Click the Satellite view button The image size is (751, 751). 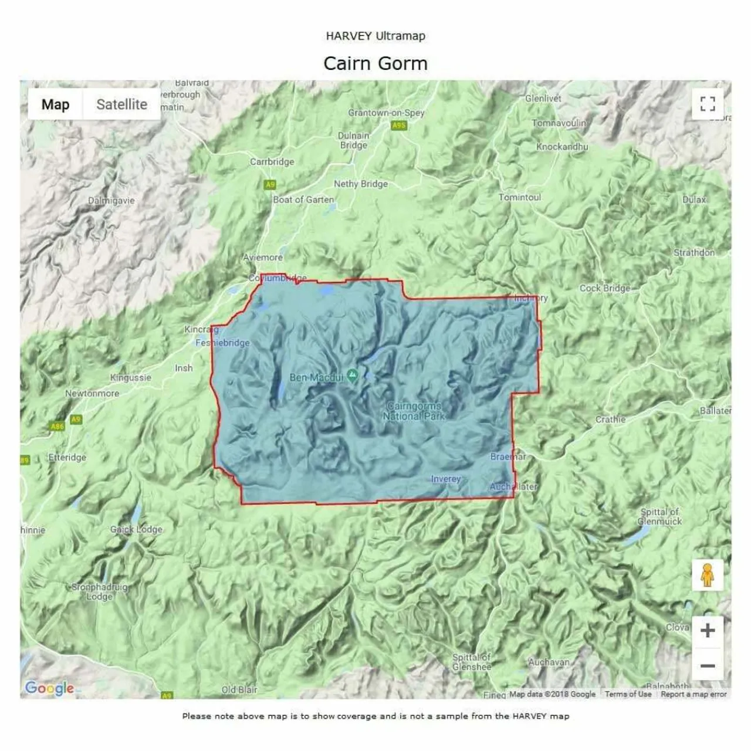(x=121, y=104)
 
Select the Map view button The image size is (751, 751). (x=55, y=104)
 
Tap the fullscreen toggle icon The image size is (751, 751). (x=708, y=104)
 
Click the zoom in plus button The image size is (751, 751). (x=708, y=631)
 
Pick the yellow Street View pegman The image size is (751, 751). (x=707, y=575)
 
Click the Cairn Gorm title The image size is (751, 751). (x=375, y=63)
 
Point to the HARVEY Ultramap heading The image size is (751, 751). (x=375, y=36)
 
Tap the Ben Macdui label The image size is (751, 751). (x=316, y=377)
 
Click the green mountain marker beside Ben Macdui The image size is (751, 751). (x=352, y=375)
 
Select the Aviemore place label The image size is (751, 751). (x=263, y=257)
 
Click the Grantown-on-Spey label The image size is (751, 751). (x=386, y=113)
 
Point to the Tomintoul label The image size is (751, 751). (x=519, y=197)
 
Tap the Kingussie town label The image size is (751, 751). (x=130, y=377)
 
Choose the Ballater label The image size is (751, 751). (x=715, y=411)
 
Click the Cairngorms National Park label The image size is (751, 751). (x=414, y=411)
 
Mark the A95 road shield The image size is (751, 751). (x=399, y=126)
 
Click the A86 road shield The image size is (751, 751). (x=57, y=427)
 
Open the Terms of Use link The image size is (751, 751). (x=628, y=694)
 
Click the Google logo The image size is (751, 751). (x=49, y=688)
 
